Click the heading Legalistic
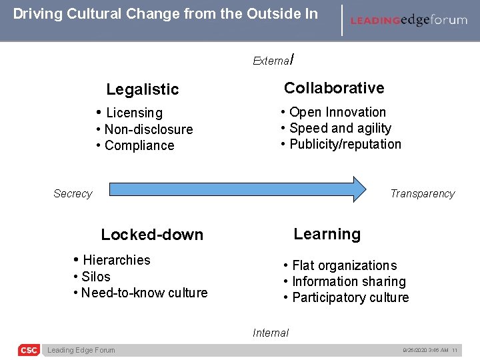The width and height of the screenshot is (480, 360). [x=143, y=89]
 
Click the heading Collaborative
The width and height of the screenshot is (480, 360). [x=334, y=88]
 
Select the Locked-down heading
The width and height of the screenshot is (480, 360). [x=152, y=235]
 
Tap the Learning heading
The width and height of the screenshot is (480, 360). [x=327, y=234]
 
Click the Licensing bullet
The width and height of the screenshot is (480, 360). [x=133, y=113]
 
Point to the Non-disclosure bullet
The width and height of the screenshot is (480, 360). [x=148, y=129]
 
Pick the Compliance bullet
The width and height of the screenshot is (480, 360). [x=139, y=145]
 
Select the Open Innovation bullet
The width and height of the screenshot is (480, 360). [x=337, y=112]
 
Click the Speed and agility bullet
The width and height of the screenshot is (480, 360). [x=340, y=128]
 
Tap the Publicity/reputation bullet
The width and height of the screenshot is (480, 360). [x=345, y=144]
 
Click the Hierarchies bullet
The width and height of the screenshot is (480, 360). [x=116, y=260]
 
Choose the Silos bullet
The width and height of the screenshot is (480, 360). [x=95, y=277]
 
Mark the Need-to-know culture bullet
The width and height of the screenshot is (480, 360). [x=143, y=293]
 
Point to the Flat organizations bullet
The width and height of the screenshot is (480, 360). [x=344, y=266]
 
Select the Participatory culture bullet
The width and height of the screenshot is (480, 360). [x=350, y=297]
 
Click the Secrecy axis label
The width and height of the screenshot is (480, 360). [x=73, y=194]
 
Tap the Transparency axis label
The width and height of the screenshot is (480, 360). [x=422, y=194]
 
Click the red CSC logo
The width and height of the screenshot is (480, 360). [x=29, y=350]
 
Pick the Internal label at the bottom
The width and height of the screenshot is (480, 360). [x=271, y=333]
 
